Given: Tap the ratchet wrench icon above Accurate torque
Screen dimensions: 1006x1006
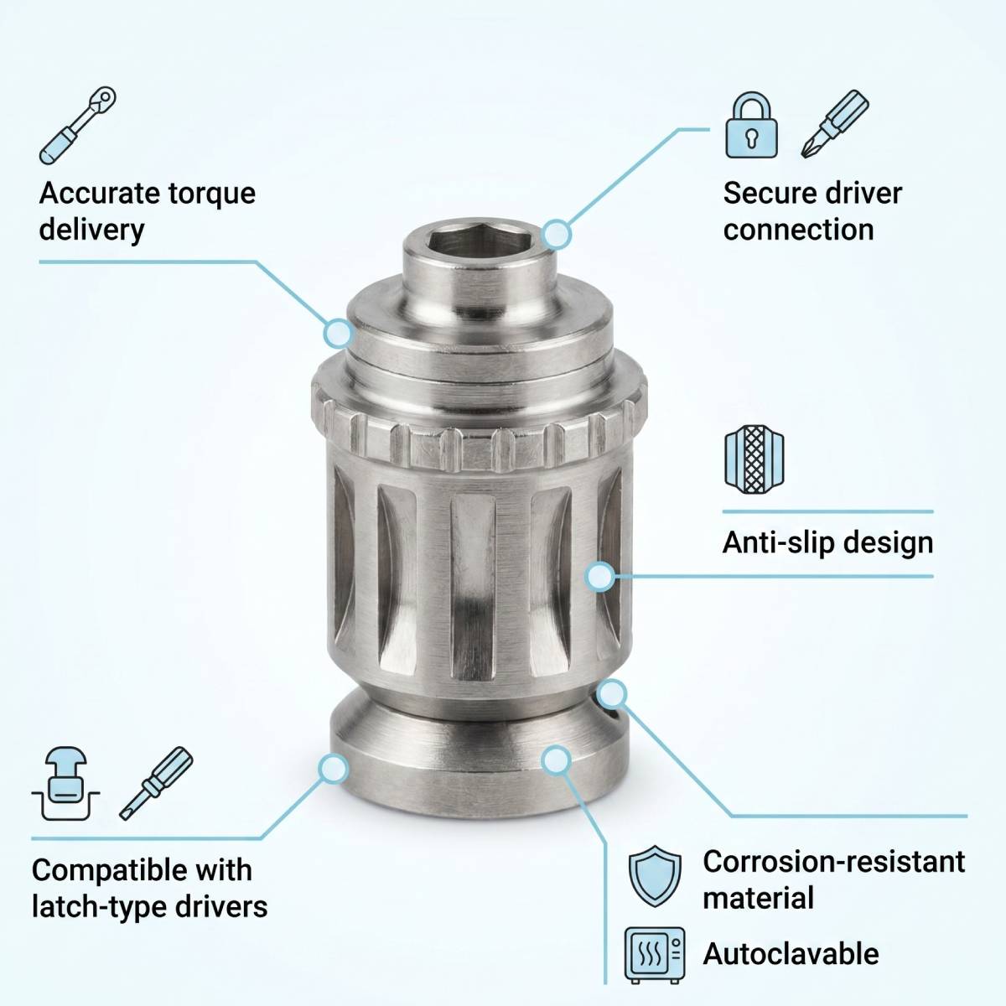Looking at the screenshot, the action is coord(78,125).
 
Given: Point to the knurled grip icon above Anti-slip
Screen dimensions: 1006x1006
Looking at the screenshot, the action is coord(754,459).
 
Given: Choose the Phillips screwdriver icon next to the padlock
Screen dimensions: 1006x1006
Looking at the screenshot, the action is coord(835,124).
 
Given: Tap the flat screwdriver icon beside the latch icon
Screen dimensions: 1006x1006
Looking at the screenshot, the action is coord(156,783).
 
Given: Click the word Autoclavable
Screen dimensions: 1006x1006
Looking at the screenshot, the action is coord(791,954).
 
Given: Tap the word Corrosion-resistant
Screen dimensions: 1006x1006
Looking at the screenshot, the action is coord(833,862).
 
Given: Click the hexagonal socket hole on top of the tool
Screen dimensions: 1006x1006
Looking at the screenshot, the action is coord(478,245).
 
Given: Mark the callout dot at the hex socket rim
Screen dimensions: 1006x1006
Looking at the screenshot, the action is coord(557,234).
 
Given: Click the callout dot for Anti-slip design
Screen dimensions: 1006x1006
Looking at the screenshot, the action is coord(600,576).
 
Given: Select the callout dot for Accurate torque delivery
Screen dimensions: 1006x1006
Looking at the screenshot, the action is coord(339,333).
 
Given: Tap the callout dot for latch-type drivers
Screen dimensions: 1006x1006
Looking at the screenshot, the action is coord(333,769).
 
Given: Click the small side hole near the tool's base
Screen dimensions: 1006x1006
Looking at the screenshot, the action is coord(612,714).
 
